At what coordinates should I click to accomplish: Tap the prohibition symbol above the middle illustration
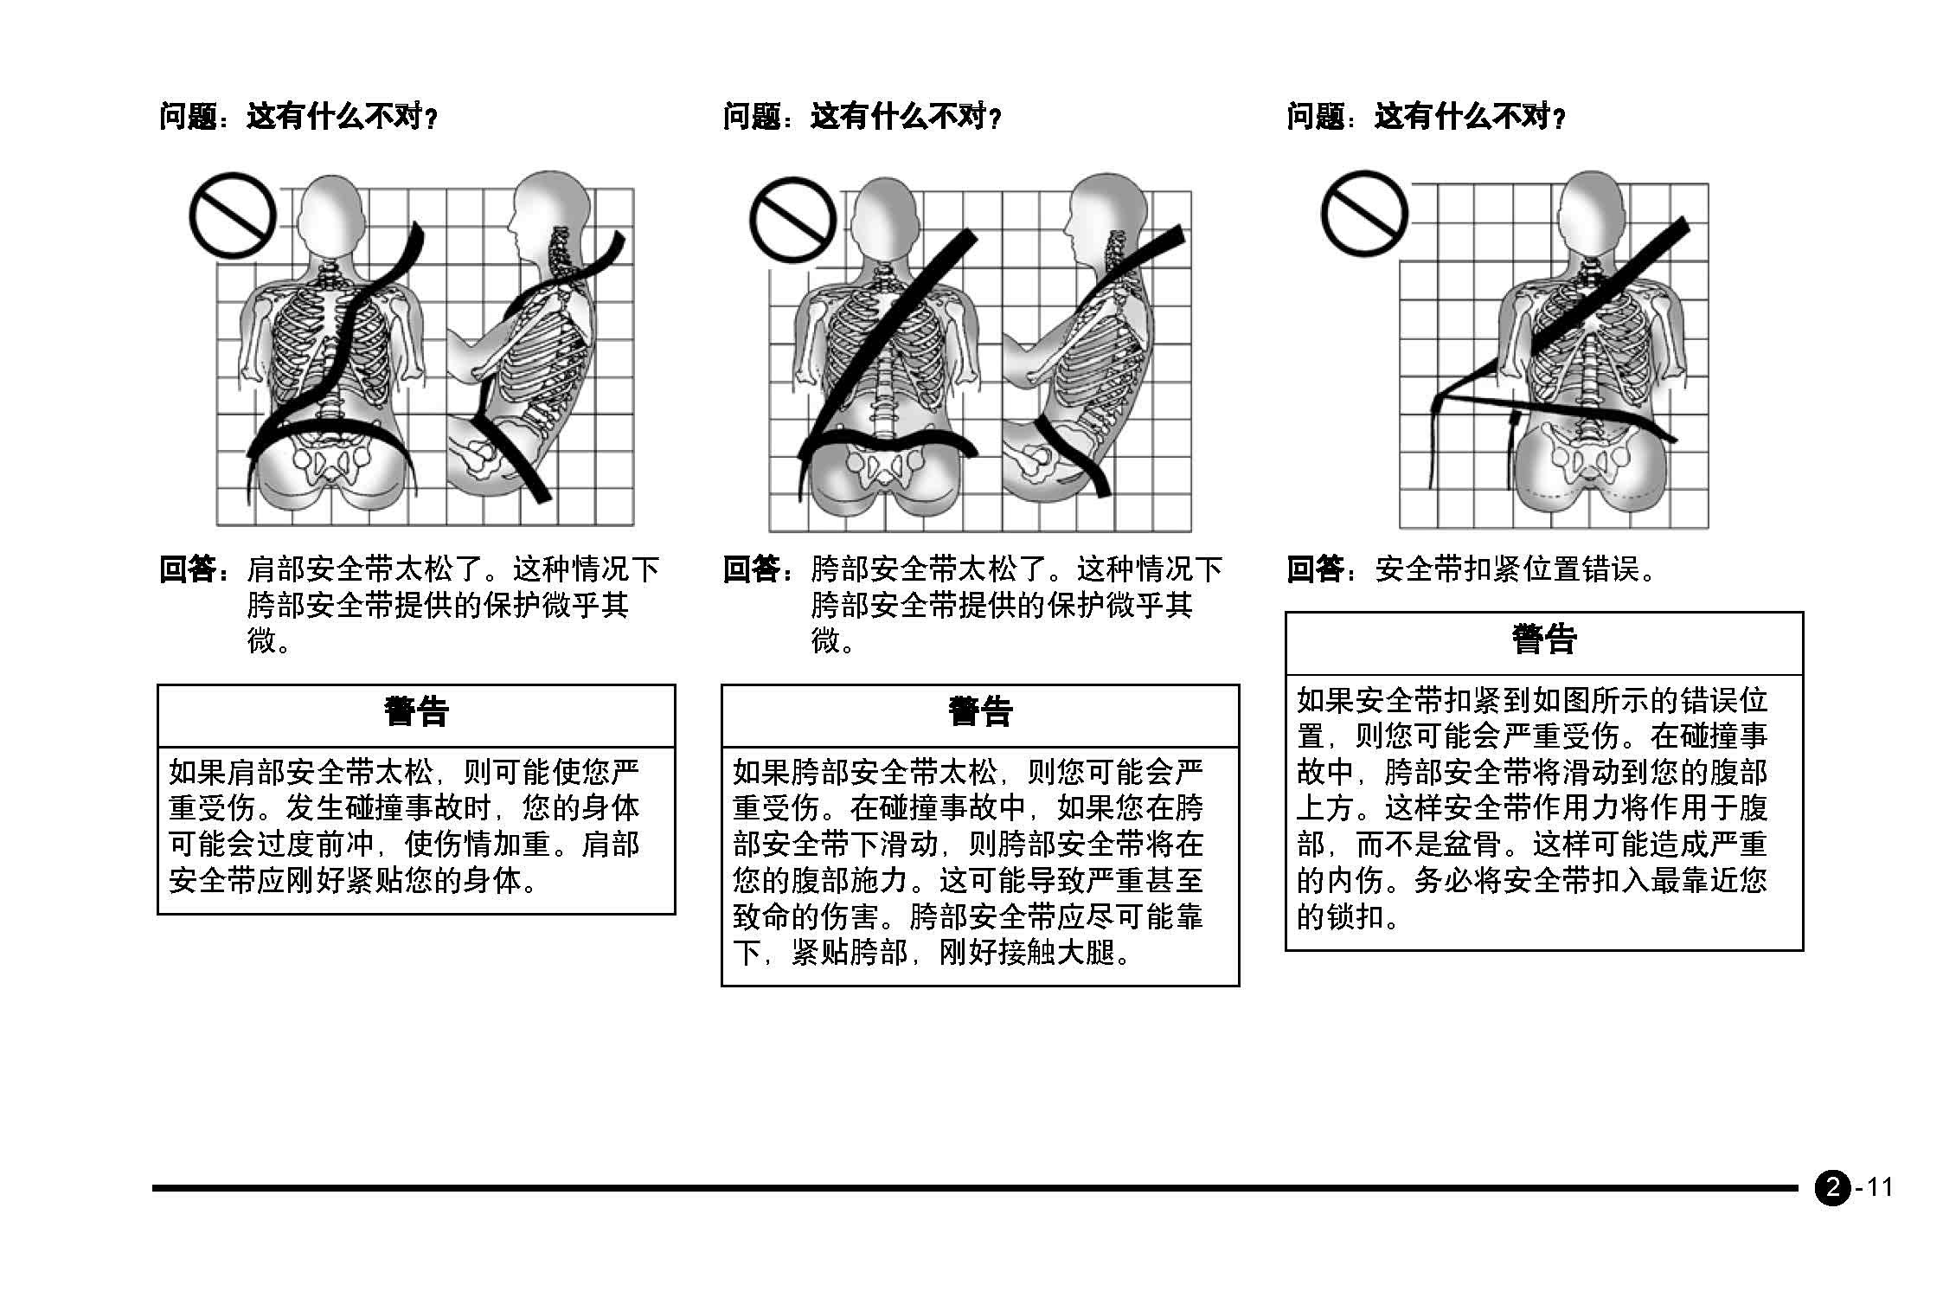pos(792,219)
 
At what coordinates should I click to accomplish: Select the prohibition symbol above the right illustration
pos(1364,213)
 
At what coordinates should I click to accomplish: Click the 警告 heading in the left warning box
pos(416,712)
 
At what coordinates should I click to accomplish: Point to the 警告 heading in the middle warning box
pos(980,712)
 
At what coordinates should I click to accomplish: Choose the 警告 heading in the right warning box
pos(1544,640)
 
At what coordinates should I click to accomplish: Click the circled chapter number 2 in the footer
pos(1832,1187)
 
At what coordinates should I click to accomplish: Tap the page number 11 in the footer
pos(1880,1186)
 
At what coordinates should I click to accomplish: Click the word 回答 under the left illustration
pos(188,569)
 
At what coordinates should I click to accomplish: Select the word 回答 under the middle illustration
pos(752,569)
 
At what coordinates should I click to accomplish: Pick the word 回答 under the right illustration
pos(1316,569)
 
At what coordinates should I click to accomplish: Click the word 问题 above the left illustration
pos(188,115)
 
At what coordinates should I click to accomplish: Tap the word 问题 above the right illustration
pos(1316,115)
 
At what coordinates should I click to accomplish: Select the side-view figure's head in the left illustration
pos(545,212)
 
